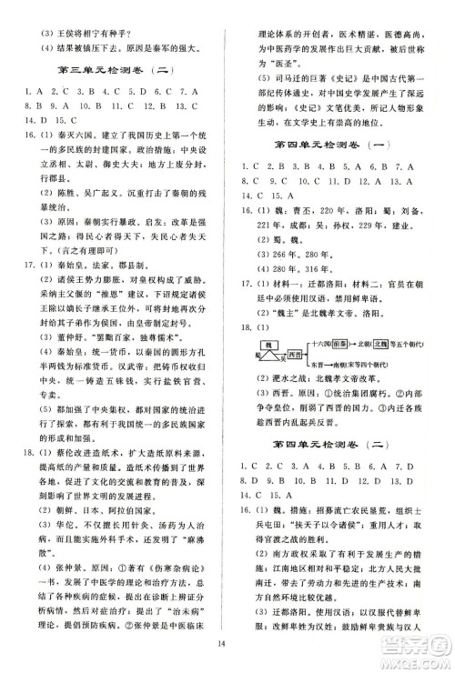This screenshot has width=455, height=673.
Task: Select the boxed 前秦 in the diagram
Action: tap(368, 357)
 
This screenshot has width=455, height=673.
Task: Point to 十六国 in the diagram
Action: tap(347, 357)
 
